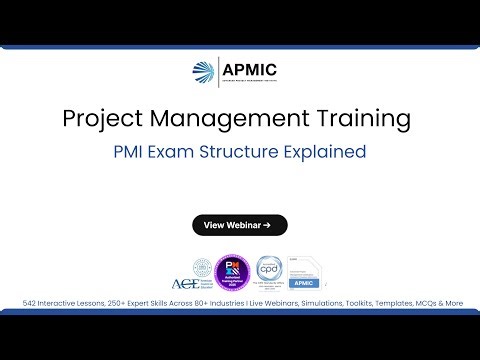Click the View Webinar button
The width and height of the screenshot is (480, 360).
tap(239, 225)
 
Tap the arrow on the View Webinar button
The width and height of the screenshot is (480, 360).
tap(268, 225)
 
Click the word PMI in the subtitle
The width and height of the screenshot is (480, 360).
tap(132, 153)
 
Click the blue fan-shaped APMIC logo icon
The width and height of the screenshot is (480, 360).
tap(201, 73)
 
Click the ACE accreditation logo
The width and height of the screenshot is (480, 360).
tap(186, 272)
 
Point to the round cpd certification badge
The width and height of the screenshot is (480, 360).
tap(267, 270)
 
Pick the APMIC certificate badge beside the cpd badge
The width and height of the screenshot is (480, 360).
tap(305, 271)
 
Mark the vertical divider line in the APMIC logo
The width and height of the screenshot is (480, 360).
tap(217, 73)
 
